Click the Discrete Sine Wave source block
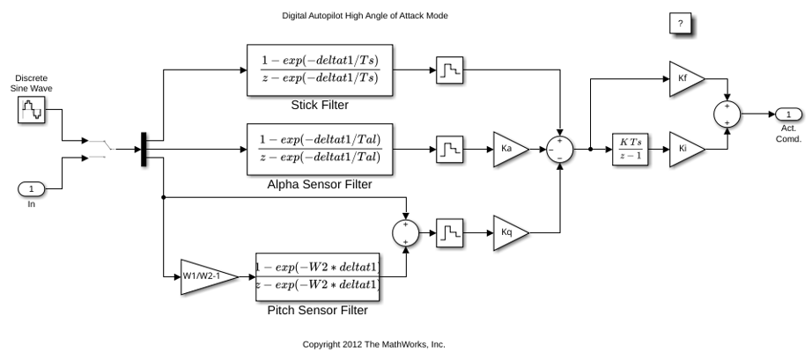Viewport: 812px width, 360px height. click(x=32, y=110)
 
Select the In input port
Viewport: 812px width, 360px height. click(x=32, y=189)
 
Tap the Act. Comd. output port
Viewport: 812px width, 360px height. click(x=788, y=114)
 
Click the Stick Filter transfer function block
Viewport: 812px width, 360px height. click(x=320, y=70)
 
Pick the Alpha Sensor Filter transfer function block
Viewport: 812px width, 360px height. click(x=320, y=150)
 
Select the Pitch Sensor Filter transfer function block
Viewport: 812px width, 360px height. click(x=318, y=276)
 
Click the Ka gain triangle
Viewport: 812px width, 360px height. click(x=511, y=150)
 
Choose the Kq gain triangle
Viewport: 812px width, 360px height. click(x=511, y=232)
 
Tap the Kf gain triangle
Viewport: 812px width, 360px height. click(x=687, y=79)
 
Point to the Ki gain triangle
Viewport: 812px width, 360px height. click(x=687, y=150)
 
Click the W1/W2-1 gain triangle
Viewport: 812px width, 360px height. click(x=209, y=276)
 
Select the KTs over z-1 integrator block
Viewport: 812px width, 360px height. click(x=631, y=150)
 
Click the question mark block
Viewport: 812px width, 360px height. click(x=681, y=23)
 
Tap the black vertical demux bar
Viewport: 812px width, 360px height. click(x=144, y=150)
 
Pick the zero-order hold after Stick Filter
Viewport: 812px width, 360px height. click(x=449, y=70)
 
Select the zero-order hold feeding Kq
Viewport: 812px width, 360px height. click(x=449, y=232)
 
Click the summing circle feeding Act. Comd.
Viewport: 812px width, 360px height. click(x=727, y=114)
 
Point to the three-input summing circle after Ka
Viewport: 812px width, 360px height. click(x=560, y=150)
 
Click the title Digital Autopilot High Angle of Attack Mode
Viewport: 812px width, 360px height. click(x=365, y=16)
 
